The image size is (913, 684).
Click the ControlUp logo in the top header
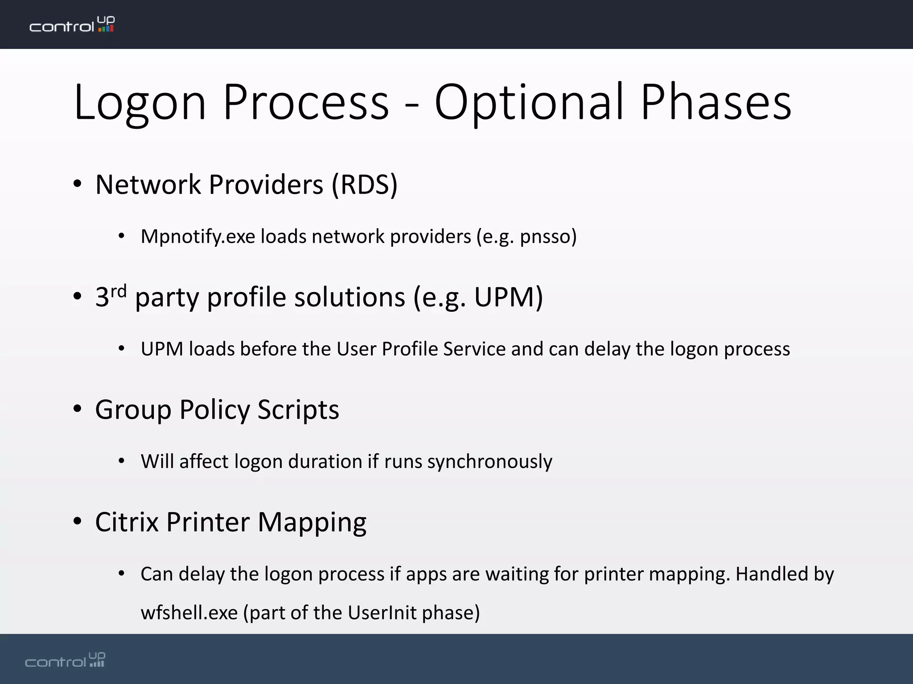pyautogui.click(x=72, y=24)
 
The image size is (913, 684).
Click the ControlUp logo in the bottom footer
pyautogui.click(x=65, y=660)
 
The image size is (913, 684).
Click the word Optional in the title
pyautogui.click(x=528, y=103)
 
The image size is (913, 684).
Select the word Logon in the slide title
pyautogui.click(x=140, y=103)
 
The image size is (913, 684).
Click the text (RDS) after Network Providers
pyautogui.click(x=364, y=184)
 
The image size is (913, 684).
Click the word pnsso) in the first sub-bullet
pyautogui.click(x=548, y=236)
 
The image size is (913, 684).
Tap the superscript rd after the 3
pyautogui.click(x=119, y=291)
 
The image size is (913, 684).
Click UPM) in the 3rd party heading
pyautogui.click(x=508, y=297)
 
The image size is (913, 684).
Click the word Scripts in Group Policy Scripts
pyautogui.click(x=298, y=409)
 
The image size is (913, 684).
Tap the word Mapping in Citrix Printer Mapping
pyautogui.click(x=312, y=522)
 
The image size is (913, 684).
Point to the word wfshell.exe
pyautogui.click(x=189, y=613)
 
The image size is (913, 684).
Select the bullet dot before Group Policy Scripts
pyautogui.click(x=78, y=409)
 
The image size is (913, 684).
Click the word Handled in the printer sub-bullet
pyautogui.click(x=771, y=574)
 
